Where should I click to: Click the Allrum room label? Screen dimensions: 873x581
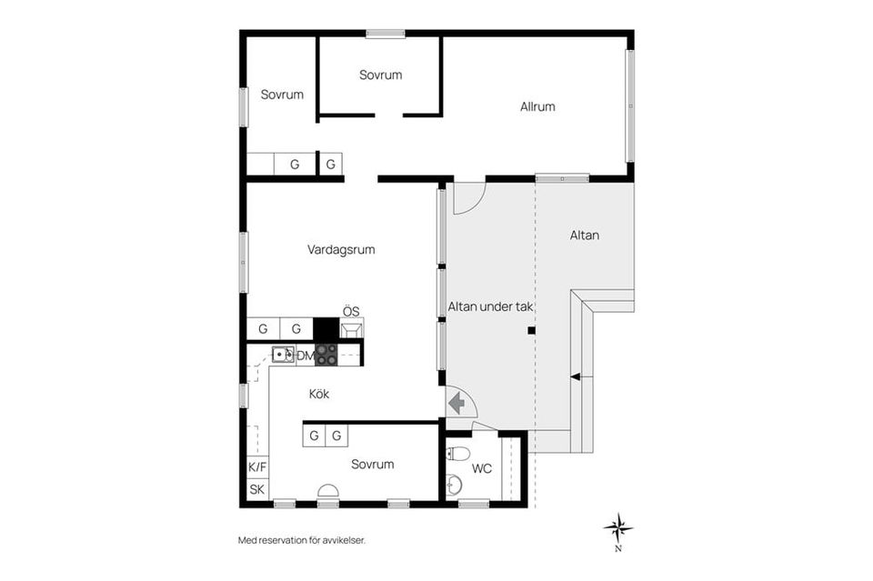tap(537, 107)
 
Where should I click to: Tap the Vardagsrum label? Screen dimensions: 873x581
tap(341, 250)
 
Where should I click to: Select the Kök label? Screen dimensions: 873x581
tap(319, 394)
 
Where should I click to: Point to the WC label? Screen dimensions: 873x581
tap(482, 468)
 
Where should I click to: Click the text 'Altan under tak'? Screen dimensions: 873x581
tap(490, 306)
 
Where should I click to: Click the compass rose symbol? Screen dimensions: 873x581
tap(618, 527)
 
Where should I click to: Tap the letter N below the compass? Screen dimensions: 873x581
tap(618, 549)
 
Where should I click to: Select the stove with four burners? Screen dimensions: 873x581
tap(326, 355)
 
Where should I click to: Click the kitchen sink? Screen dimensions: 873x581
tap(283, 354)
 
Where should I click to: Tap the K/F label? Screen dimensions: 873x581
tap(257, 467)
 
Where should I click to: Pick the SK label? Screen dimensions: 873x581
tap(257, 490)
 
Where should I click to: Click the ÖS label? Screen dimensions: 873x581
tap(351, 312)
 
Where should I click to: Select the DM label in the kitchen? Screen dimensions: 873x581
tap(306, 356)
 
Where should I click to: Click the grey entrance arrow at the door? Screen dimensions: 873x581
tap(457, 403)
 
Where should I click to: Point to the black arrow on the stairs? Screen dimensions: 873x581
tap(575, 376)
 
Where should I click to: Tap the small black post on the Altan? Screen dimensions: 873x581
tap(532, 331)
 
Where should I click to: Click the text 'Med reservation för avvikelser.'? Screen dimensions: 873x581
tap(302, 540)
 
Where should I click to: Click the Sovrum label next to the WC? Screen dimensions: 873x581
tap(373, 464)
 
